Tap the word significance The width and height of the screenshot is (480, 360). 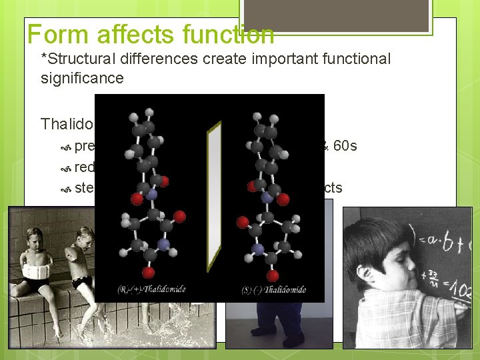click(x=82, y=78)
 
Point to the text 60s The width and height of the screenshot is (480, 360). click(x=345, y=145)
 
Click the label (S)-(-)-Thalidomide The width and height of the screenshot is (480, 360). click(x=273, y=289)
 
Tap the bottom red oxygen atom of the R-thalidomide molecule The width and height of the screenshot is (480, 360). click(x=148, y=272)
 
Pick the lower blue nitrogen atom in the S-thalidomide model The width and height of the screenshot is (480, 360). click(x=258, y=248)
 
